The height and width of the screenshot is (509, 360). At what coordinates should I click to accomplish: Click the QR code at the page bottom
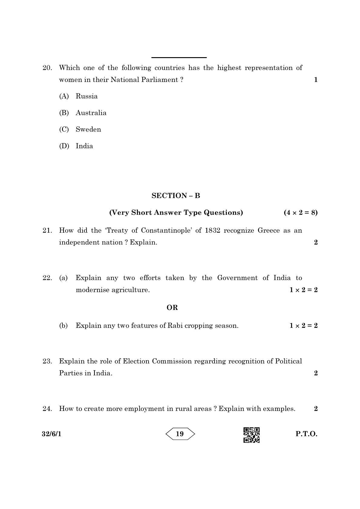(x=251, y=435)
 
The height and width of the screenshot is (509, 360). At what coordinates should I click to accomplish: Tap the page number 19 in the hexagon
(x=180, y=434)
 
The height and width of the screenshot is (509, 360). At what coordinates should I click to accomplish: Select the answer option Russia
(x=87, y=96)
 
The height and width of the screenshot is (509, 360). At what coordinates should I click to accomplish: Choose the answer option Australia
(x=91, y=113)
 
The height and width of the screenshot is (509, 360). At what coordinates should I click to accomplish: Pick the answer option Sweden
(x=88, y=129)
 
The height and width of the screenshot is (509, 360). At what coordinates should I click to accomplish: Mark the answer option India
(x=84, y=146)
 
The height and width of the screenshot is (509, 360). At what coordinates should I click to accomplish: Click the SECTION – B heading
(x=176, y=196)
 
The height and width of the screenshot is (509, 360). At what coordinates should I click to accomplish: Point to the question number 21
(x=47, y=230)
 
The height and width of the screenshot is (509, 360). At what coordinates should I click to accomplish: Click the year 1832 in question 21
(x=212, y=230)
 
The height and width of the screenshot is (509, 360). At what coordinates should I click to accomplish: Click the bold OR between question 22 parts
(x=172, y=308)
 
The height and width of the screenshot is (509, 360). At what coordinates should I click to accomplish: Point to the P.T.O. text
(x=306, y=434)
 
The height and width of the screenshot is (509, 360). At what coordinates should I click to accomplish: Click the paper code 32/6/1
(x=51, y=434)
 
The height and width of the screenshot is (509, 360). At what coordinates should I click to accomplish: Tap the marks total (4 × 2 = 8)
(x=300, y=213)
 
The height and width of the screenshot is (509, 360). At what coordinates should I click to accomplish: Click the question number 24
(x=47, y=409)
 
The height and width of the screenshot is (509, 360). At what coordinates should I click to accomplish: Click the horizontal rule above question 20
(x=179, y=57)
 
